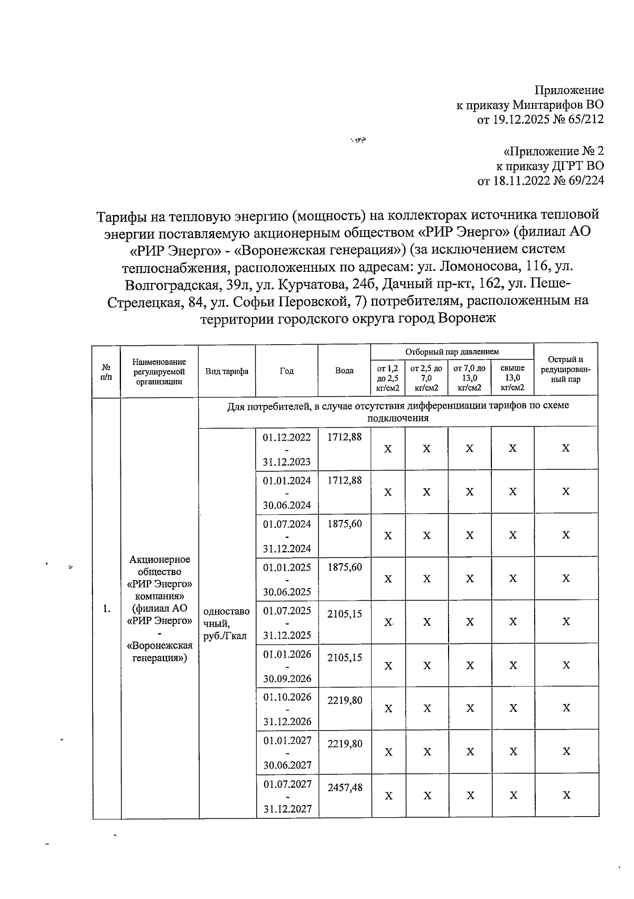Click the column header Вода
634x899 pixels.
coord(344,371)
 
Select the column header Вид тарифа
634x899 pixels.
coord(227,371)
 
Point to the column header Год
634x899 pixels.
coord(286,371)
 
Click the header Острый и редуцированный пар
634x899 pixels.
coord(565,370)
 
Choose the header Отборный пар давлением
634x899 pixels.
coord(452,352)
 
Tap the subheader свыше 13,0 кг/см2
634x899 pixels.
coord(512,377)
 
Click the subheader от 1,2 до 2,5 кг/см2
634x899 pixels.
coord(387,377)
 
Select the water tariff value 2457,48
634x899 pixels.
coord(345,788)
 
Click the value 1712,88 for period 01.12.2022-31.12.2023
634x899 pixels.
coord(344,438)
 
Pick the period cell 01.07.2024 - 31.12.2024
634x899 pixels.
coord(287,536)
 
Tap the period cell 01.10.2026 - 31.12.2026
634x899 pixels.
coord(287,709)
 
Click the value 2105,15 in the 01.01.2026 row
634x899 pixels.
coord(344,657)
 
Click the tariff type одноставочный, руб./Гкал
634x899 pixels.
coord(226,623)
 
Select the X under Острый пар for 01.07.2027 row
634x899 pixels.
coord(566,795)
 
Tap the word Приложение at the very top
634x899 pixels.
coord(569,90)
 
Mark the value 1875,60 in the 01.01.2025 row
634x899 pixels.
coord(344,567)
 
